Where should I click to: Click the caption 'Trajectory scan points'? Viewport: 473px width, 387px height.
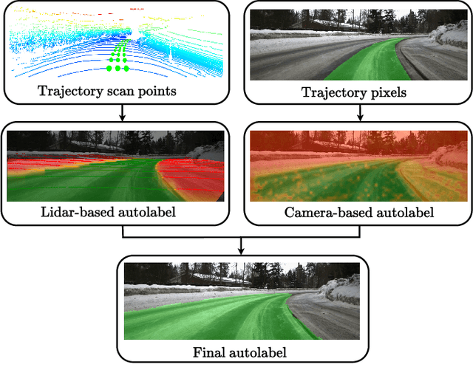click(x=118, y=91)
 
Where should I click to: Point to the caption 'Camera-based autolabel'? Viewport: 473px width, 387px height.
click(x=358, y=212)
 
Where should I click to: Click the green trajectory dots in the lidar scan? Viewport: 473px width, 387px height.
click(x=118, y=59)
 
